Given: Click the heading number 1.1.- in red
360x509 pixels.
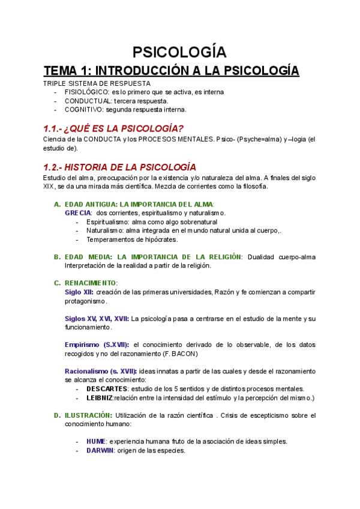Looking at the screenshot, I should point(55,129).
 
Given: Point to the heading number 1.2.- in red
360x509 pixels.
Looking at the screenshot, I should point(55,166).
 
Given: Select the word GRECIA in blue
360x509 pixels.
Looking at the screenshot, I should point(78,213).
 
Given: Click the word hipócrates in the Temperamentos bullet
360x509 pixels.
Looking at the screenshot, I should point(158,239).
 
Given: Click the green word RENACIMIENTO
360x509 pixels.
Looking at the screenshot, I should point(91,283).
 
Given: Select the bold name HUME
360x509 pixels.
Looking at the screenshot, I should point(96,441).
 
